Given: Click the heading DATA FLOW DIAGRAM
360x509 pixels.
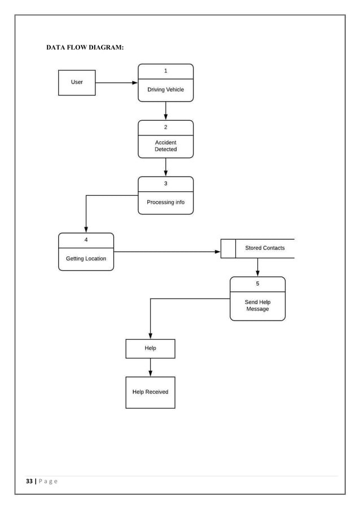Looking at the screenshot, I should tap(85, 47).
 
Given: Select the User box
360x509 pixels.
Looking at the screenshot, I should tap(77, 82).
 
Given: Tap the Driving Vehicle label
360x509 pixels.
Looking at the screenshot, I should tap(165, 90).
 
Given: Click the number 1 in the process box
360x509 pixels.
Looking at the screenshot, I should tap(165, 71).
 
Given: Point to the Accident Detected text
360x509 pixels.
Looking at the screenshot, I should tap(165, 146).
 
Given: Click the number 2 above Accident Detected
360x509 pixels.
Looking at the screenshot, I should tap(165, 128).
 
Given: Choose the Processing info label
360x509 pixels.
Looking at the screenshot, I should tap(165, 202).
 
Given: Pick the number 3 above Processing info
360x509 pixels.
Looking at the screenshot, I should tap(165, 183).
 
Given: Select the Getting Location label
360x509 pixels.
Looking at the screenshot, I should tap(86, 258).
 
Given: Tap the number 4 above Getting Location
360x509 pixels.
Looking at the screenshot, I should tap(86, 240).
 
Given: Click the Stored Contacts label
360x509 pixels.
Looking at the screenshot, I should tap(265, 248).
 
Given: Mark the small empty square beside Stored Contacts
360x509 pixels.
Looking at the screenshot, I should tap(228, 248).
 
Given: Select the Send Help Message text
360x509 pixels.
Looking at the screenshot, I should tap(257, 306).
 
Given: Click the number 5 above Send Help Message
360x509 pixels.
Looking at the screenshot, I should tap(257, 284).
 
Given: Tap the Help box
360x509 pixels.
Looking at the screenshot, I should tap(150, 349).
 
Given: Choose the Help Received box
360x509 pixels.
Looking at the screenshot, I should tap(150, 392).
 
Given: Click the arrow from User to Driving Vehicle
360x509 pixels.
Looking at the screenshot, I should tap(116, 82).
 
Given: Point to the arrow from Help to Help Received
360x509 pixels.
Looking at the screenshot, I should tap(150, 367).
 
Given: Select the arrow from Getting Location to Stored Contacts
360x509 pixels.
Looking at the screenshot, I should tap(166, 252).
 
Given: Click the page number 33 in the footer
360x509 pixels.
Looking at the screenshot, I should tap(29, 481).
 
